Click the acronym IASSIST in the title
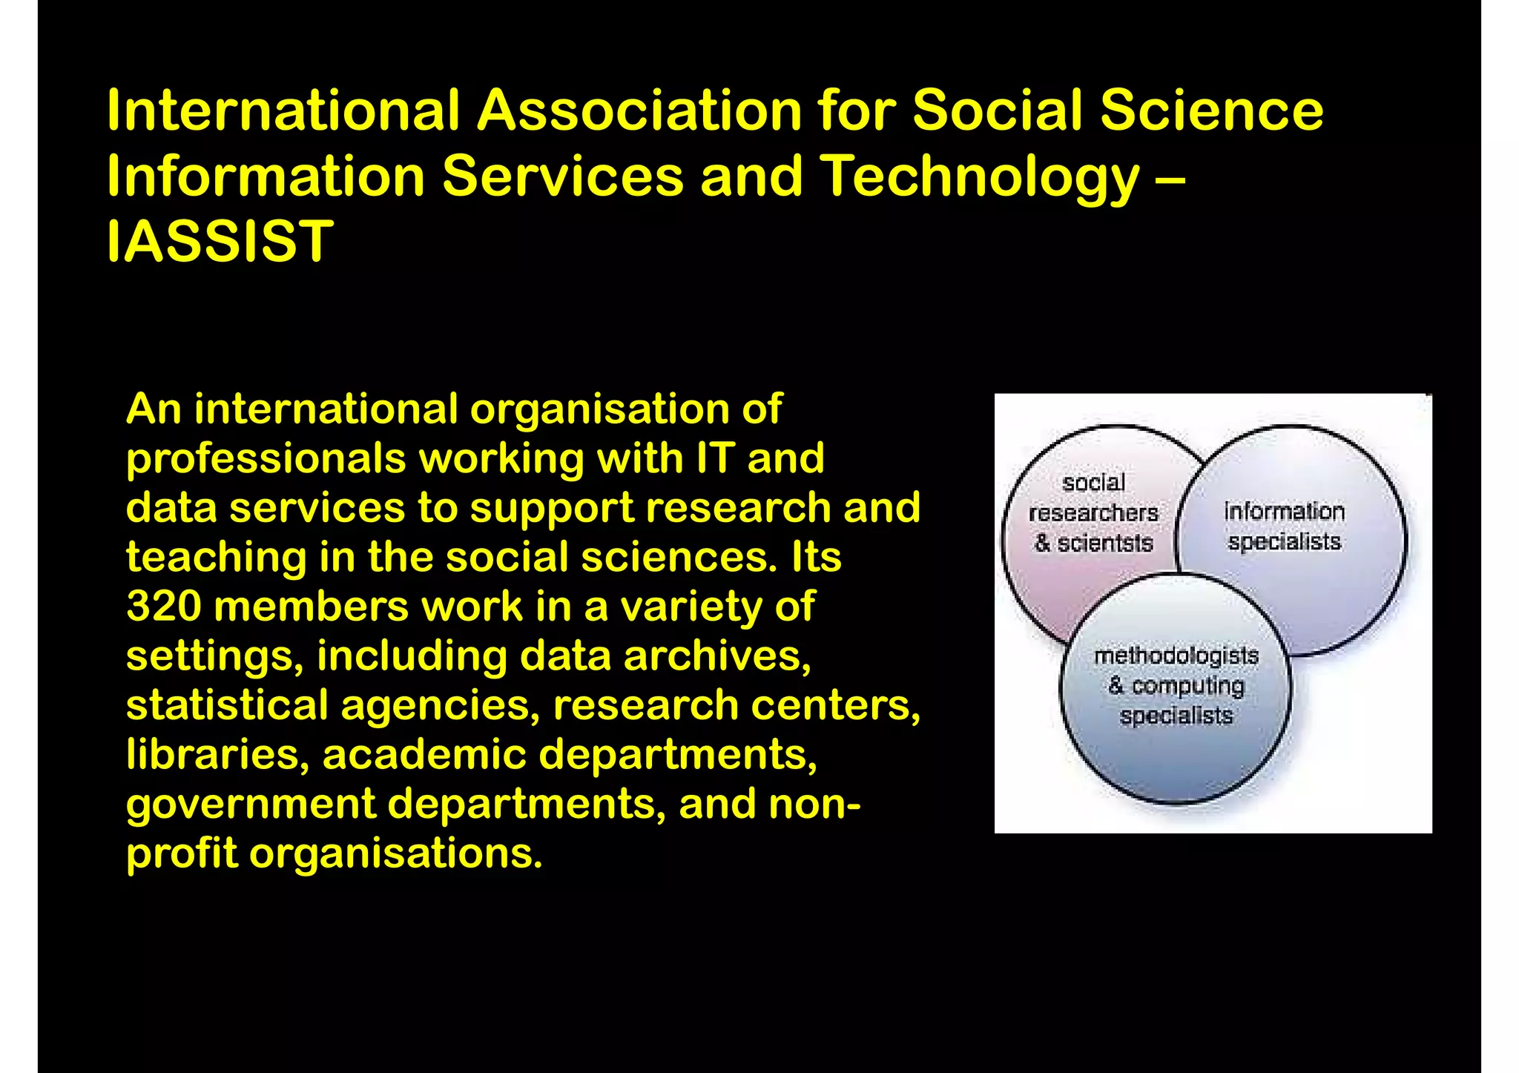click(220, 242)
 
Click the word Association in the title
click(639, 110)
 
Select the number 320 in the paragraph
click(164, 606)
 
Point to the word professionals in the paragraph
click(266, 458)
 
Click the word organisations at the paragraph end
click(395, 854)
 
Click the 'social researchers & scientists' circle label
click(1093, 513)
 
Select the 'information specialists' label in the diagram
click(1284, 526)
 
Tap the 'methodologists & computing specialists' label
click(1176, 686)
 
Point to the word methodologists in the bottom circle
click(1176, 656)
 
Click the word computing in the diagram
click(1187, 687)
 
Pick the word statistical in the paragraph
click(227, 704)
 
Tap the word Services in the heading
click(562, 176)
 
